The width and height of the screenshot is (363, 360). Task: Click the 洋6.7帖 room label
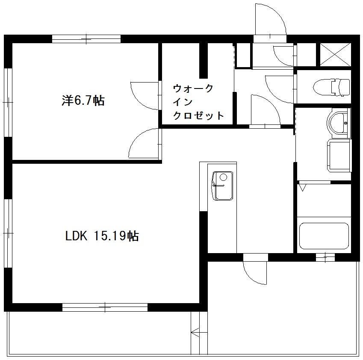(x=83, y=101)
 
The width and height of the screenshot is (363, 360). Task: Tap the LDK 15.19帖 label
(x=102, y=236)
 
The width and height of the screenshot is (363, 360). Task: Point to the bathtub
(x=324, y=236)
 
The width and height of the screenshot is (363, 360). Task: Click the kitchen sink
(x=223, y=186)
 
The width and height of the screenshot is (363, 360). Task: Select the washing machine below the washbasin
(x=339, y=155)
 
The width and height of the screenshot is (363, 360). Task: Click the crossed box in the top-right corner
(x=335, y=55)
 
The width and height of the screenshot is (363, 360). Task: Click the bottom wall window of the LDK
(x=105, y=307)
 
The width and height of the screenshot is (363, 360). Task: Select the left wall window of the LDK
(x=8, y=233)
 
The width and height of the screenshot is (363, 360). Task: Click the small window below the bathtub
(x=326, y=257)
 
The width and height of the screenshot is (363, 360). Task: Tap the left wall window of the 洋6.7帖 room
(x=8, y=102)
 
